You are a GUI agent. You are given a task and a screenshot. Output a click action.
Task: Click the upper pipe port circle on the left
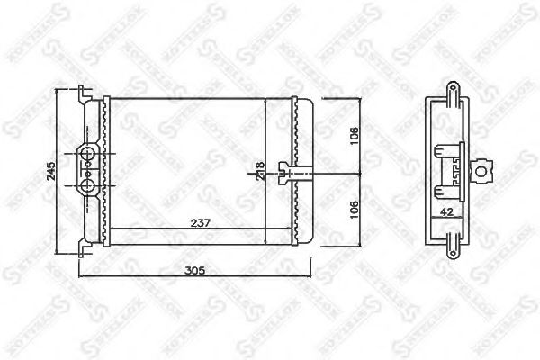88,155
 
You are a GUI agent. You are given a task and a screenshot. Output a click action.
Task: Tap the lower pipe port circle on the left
88,185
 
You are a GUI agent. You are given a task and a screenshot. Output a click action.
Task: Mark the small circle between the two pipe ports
88,170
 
